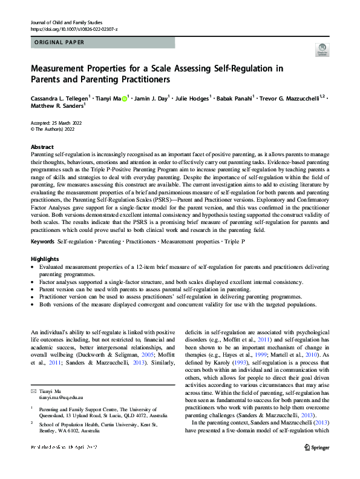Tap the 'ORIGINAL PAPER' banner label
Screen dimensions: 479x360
pyautogui.click(x=59, y=42)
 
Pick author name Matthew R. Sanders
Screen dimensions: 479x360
pyautogui.click(x=56, y=105)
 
